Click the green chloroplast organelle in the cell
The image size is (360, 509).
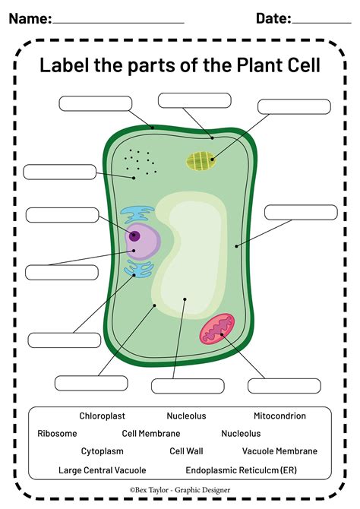click(x=202, y=160)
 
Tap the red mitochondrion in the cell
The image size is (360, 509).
click(x=221, y=330)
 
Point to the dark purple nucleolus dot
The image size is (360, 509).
click(x=135, y=236)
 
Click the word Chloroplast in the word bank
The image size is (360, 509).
click(x=102, y=416)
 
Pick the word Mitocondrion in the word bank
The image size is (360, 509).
click(x=279, y=416)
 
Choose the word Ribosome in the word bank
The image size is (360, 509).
click(x=57, y=434)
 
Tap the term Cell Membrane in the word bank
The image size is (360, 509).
click(x=151, y=434)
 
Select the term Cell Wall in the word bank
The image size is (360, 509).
click(x=186, y=451)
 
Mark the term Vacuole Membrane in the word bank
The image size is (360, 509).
click(x=279, y=451)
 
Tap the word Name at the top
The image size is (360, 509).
click(x=30, y=18)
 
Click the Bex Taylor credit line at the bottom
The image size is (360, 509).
click(x=179, y=491)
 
